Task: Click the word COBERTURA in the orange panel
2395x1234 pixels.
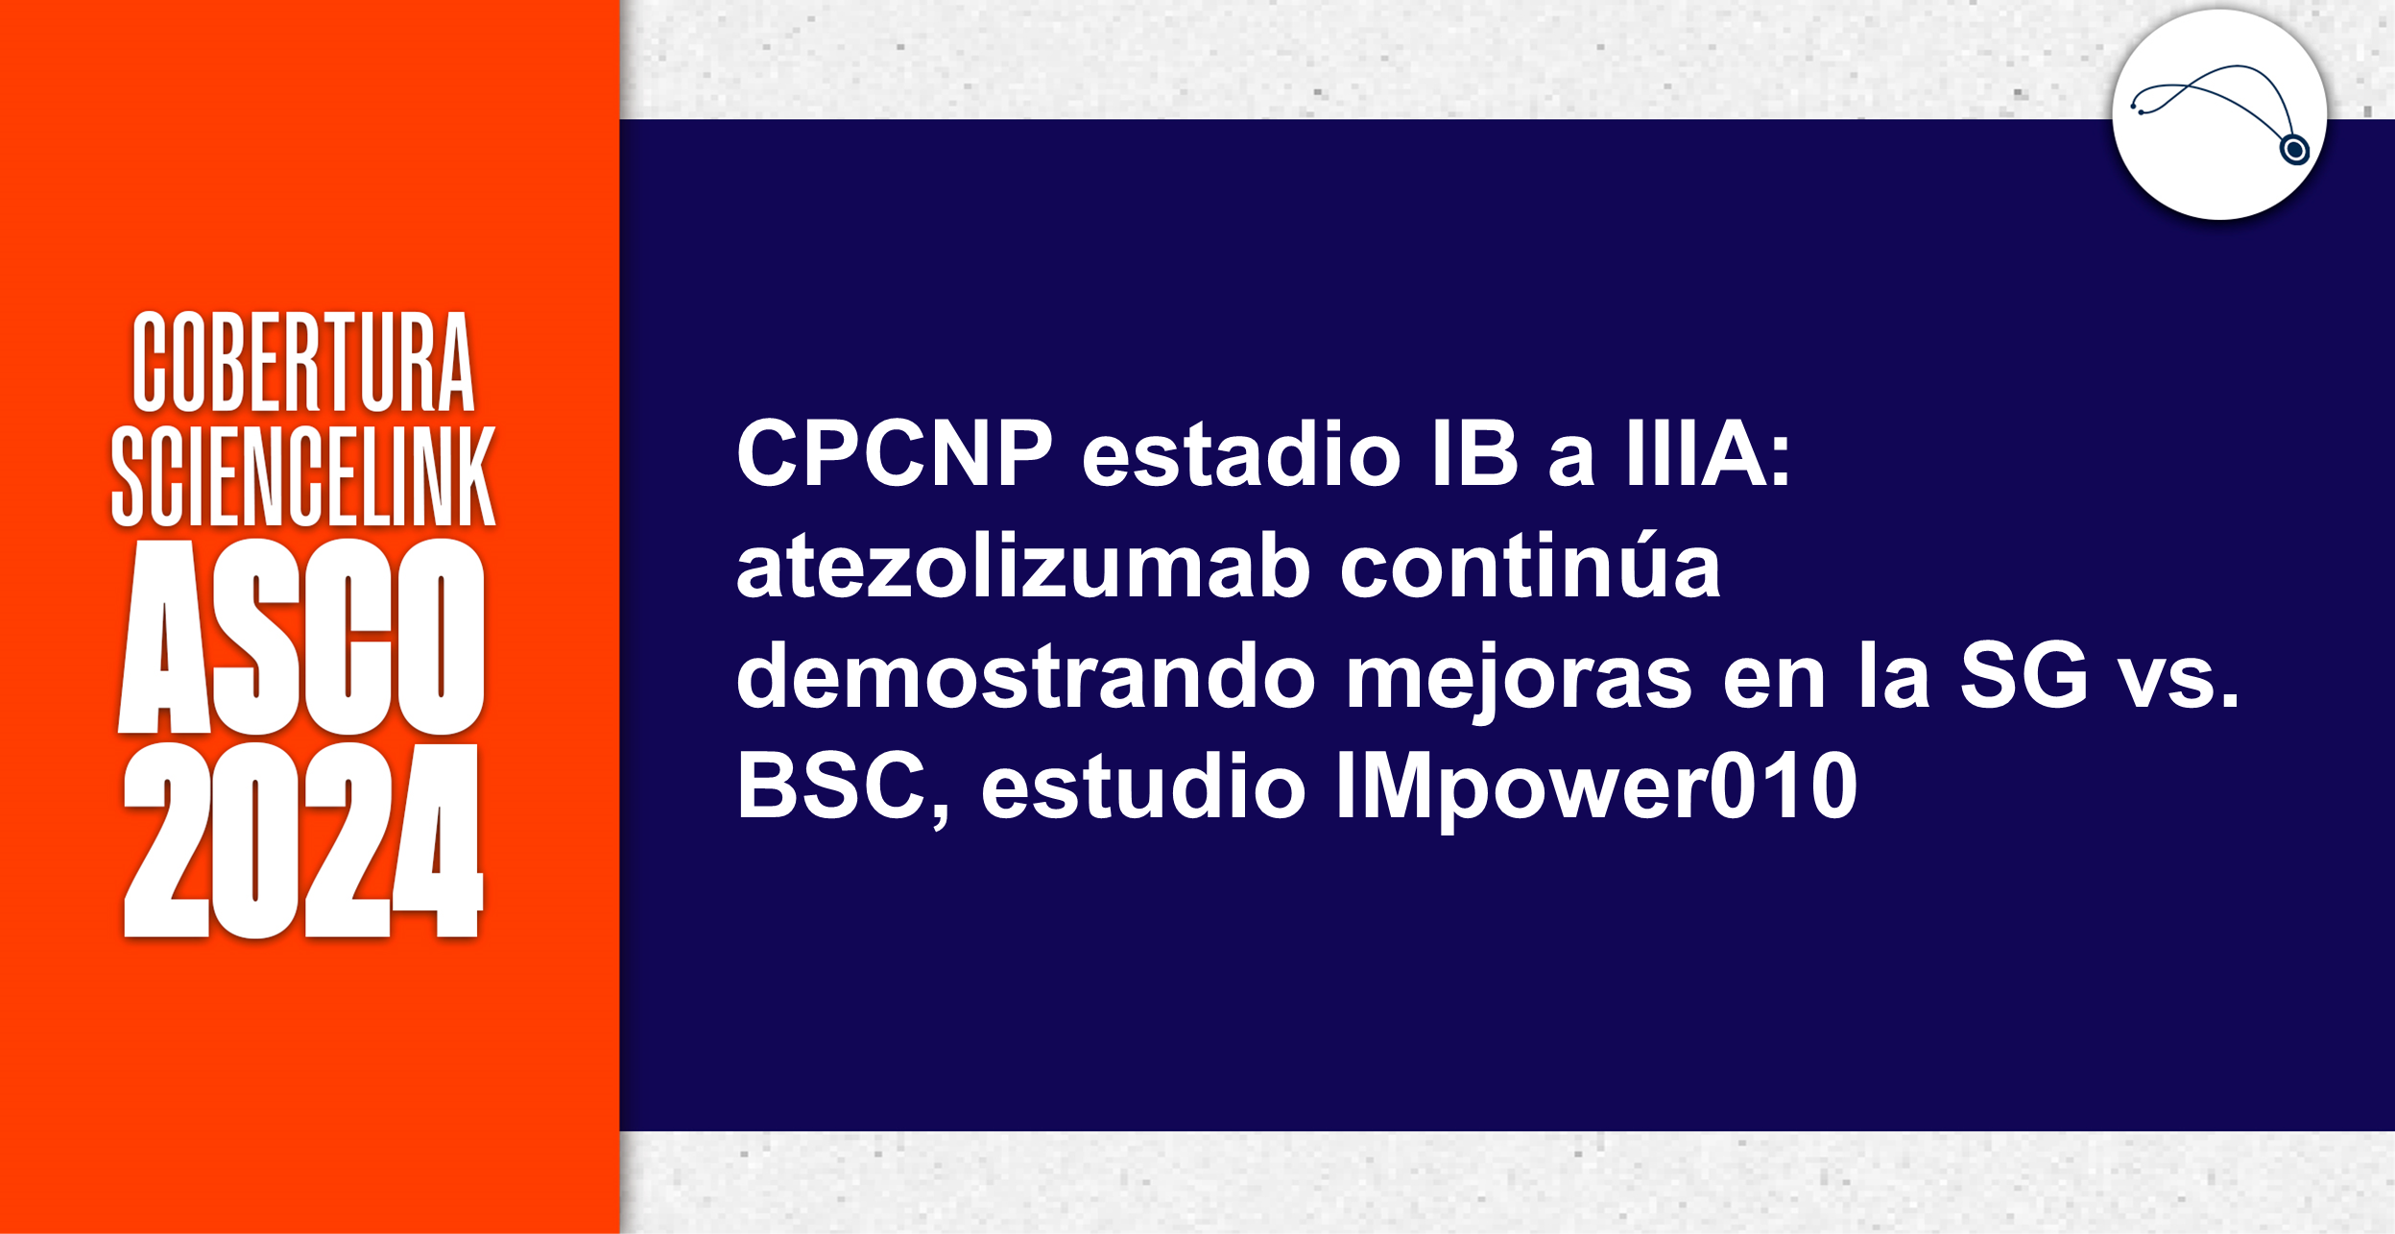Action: (303, 362)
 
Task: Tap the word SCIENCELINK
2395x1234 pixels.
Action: (303, 476)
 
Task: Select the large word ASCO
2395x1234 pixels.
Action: (301, 637)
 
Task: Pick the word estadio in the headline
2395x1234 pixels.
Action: (1241, 454)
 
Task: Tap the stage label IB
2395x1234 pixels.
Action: (1474, 454)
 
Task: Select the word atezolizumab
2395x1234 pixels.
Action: (1022, 567)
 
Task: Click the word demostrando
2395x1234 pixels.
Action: (1025, 676)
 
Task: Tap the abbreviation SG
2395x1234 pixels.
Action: (2024, 676)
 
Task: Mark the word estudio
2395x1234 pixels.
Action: (1142, 786)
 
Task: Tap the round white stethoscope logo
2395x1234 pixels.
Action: (2218, 115)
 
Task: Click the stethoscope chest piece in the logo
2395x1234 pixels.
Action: (2294, 150)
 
